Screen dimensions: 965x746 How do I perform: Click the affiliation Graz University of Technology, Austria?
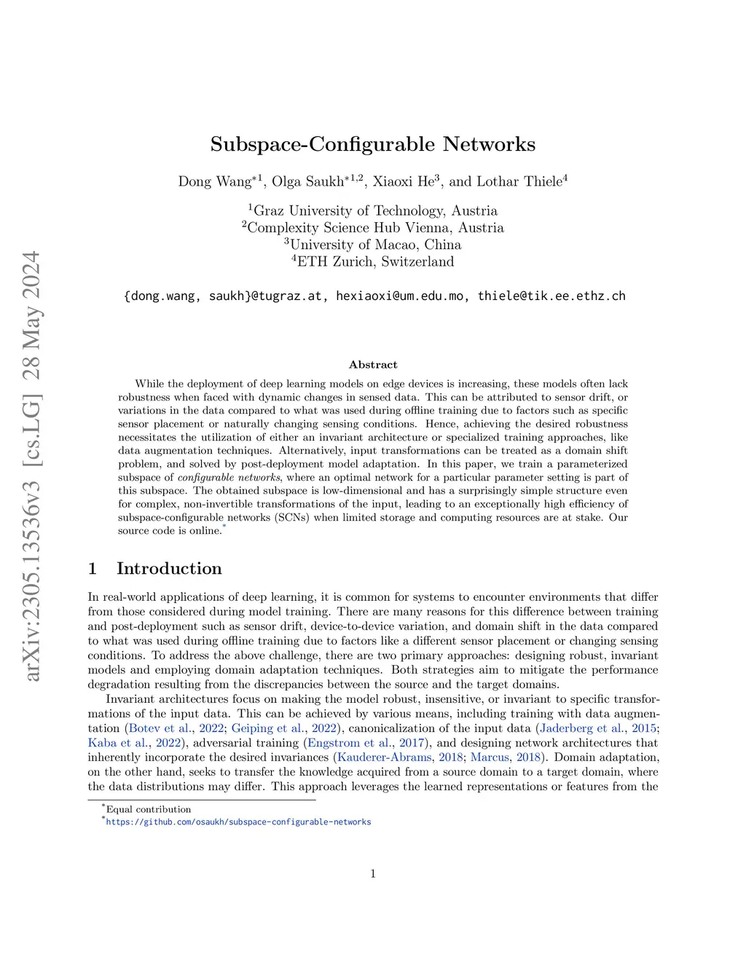coord(373,211)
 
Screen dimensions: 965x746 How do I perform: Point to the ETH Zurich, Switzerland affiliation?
coord(373,261)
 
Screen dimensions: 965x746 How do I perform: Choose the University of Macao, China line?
coord(373,245)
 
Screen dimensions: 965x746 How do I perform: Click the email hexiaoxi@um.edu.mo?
coord(399,296)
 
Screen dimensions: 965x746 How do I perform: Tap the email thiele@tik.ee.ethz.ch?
coord(551,296)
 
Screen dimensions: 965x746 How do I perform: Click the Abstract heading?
coord(373,365)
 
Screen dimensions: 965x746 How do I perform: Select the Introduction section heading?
coord(169,569)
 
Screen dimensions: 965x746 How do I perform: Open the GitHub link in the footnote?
coord(238,822)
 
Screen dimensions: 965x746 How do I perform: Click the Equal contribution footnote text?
coord(149,809)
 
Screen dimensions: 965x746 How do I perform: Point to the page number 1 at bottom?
coord(373,874)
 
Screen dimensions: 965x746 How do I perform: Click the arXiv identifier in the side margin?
coord(31,466)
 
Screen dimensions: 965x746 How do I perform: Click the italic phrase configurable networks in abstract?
coord(229,478)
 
